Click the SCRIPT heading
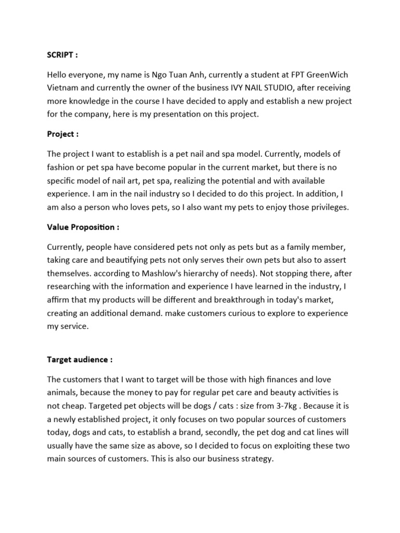coord(62,55)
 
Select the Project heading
coord(63,134)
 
